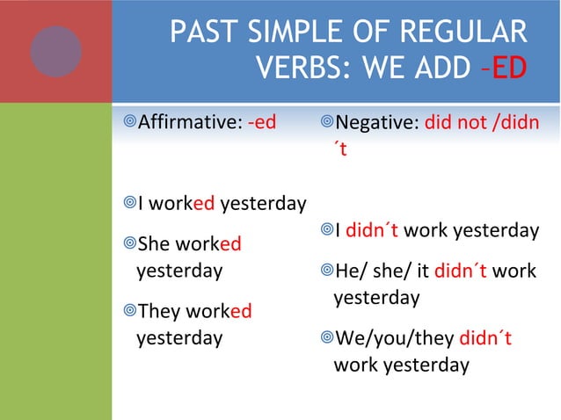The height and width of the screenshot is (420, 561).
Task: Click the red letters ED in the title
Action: [510, 67]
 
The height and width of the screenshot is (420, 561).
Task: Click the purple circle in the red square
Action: [55, 50]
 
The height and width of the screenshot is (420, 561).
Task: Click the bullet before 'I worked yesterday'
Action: [128, 205]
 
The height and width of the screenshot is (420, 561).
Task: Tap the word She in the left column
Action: [157, 245]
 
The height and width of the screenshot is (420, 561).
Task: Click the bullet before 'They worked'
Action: [128, 311]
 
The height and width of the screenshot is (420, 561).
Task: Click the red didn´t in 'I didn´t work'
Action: [372, 230]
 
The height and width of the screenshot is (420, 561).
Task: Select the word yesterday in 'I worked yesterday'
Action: [263, 205]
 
